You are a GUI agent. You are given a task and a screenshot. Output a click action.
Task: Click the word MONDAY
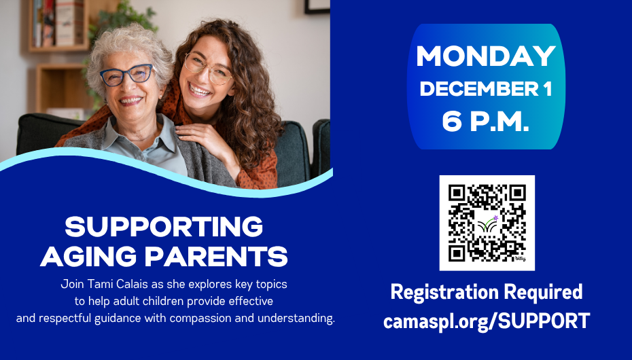pos(486,56)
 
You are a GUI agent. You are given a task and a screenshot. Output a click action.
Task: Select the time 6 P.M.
pos(486,120)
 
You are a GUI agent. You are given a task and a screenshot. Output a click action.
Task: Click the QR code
pos(487,223)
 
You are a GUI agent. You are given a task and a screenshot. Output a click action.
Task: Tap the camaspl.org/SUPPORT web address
pos(486,321)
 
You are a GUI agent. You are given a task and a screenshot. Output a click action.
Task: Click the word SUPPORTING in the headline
pos(164,227)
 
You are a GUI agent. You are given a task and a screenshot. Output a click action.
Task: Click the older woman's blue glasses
pos(126,75)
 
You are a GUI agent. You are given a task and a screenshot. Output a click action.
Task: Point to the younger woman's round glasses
pos(207,69)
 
